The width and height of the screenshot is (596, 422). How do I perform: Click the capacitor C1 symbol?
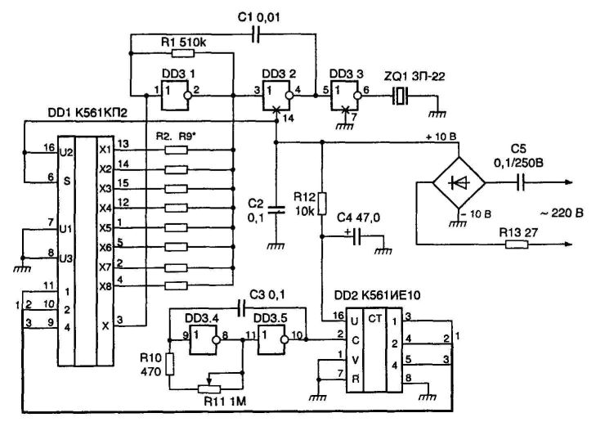[x=257, y=34]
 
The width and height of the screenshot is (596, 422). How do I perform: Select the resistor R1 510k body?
[x=183, y=53]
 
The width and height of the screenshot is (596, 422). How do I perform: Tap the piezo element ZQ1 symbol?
[x=400, y=96]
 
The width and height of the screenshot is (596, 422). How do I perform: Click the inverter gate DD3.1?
[x=175, y=96]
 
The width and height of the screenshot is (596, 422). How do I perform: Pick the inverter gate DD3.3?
[x=345, y=96]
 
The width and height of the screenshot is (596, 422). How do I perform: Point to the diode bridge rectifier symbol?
[x=459, y=182]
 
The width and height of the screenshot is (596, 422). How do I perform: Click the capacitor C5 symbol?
[x=521, y=182]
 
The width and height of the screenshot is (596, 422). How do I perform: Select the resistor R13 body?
[x=517, y=245]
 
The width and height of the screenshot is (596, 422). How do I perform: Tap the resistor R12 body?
[x=322, y=204]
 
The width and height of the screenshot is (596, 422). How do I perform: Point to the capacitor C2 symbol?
[x=276, y=210]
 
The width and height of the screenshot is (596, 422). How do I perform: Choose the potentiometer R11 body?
[x=209, y=389]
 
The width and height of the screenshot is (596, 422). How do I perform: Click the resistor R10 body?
[x=170, y=364]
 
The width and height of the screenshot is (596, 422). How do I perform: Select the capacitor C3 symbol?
[x=241, y=308]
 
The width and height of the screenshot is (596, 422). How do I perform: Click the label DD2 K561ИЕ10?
[x=378, y=295]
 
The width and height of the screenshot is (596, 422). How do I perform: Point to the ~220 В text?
[x=562, y=213]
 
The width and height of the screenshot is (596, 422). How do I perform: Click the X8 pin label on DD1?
[x=105, y=286]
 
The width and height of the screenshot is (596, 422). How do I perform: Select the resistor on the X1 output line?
[x=177, y=150]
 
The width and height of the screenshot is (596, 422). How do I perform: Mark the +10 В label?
[x=441, y=137]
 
